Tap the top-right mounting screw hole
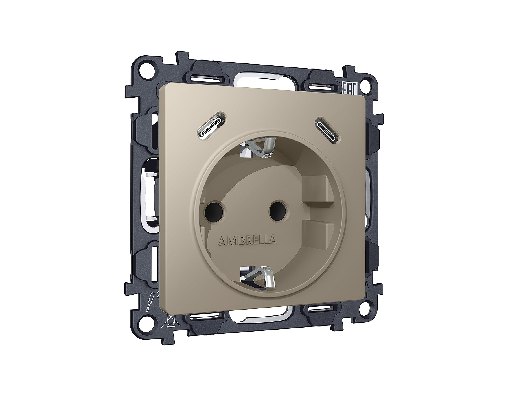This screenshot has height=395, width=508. [x=367, y=84]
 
